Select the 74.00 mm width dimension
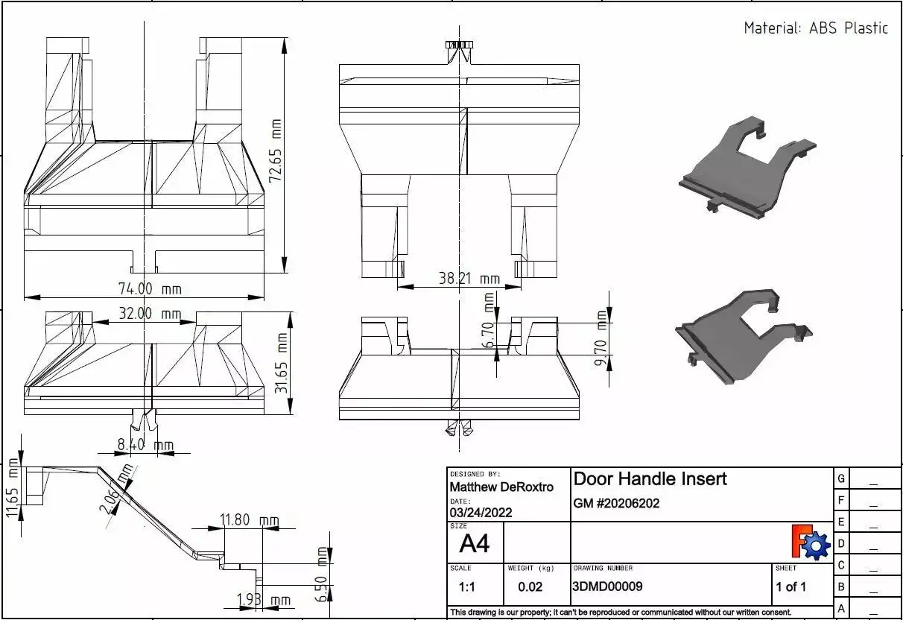point(150,288)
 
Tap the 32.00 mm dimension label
point(139,314)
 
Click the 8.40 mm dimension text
point(145,446)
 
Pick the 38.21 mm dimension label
point(469,279)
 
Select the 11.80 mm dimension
point(250,519)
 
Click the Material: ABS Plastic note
point(816,28)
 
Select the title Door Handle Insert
point(650,478)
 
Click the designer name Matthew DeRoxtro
point(501,487)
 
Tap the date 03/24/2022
point(481,513)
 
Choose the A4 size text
point(474,543)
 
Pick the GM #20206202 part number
point(616,503)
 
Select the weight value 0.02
point(530,586)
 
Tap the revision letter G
point(840,478)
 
